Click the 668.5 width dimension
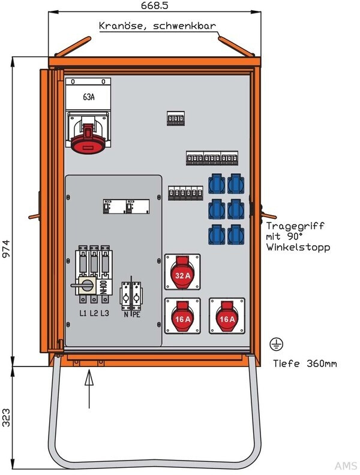154,5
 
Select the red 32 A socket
182,275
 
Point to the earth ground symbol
277,344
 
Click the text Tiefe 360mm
304,363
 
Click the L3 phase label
104,312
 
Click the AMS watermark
345,467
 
